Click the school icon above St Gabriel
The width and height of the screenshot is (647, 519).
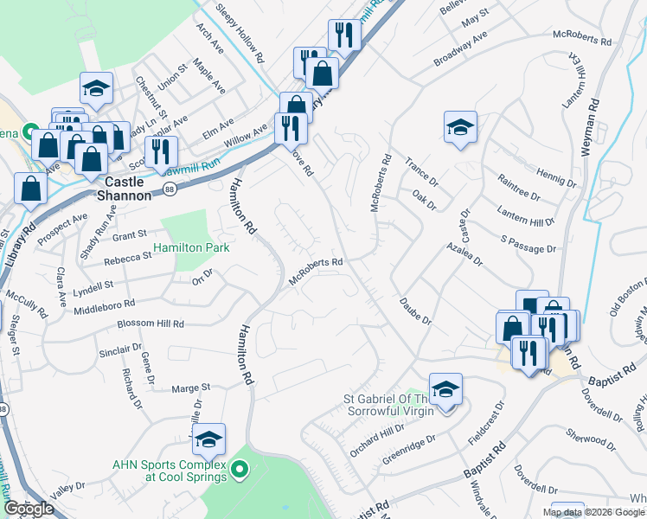pos(445,389)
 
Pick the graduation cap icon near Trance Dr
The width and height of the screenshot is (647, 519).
pos(461,128)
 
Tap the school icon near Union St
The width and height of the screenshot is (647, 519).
pos(97,88)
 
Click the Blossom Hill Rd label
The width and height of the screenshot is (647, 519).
pos(151,324)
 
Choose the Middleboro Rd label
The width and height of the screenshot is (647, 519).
pos(105,304)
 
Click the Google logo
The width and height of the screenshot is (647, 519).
pos(29,509)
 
